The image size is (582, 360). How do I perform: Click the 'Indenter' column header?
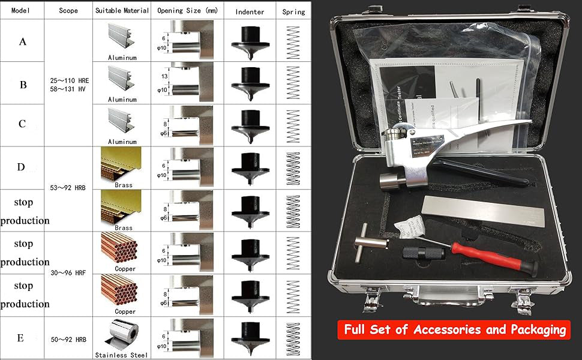tap(249, 11)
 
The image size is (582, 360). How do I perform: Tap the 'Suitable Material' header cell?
tap(122, 11)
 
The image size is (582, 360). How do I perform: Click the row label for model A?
tap(23, 41)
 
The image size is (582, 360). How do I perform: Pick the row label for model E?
tap(20, 338)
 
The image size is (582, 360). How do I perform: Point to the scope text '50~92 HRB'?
tap(68, 340)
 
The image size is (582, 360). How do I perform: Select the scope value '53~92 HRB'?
tap(68, 187)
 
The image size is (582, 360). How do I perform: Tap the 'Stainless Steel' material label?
tap(122, 355)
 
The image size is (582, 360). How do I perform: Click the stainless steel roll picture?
tap(122, 335)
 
